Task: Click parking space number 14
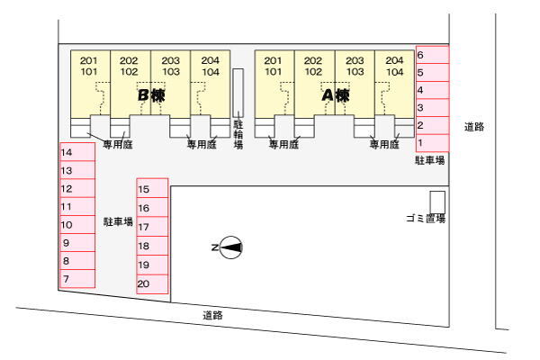pos(76,152)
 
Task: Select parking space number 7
pos(76,279)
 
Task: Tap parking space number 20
pos(152,285)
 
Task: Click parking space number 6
pos(432,55)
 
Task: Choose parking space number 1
pos(432,142)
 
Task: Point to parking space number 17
pos(152,227)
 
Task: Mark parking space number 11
pos(76,206)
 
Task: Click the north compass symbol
pos(230,246)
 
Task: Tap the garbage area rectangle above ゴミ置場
pos(437,201)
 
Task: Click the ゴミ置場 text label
pos(425,219)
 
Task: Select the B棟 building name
pos(151,94)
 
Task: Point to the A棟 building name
pos(336,94)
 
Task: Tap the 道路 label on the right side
pos(474,127)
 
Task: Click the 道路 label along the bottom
pos(212,315)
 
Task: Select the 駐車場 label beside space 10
pos(118,220)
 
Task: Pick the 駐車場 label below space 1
pos(429,160)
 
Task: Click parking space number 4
pos(432,90)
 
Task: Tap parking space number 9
pos(76,243)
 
